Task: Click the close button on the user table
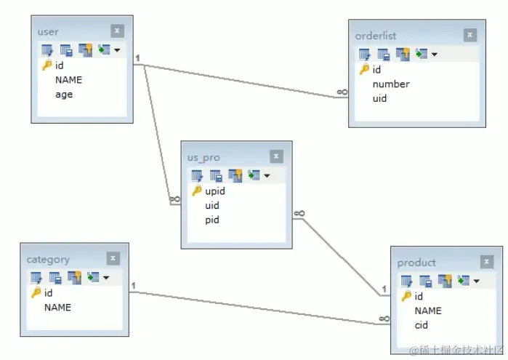pyautogui.click(x=118, y=31)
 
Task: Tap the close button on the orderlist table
pyautogui.click(x=470, y=35)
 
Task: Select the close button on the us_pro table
pyautogui.click(x=276, y=156)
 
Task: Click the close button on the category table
pyautogui.click(x=113, y=258)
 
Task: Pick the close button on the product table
pyautogui.click(x=486, y=262)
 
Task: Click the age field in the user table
pyautogui.click(x=64, y=95)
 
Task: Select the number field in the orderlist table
pyautogui.click(x=391, y=84)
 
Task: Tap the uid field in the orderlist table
pyautogui.click(x=379, y=98)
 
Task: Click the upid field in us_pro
pyautogui.click(x=215, y=191)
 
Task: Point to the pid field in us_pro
pyautogui.click(x=211, y=220)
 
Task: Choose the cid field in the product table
pyautogui.click(x=422, y=325)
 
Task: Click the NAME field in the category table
pyautogui.click(x=57, y=308)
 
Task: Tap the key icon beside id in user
pyautogui.click(x=47, y=65)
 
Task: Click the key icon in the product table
pyautogui.click(x=406, y=297)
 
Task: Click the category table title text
pyautogui.click(x=48, y=260)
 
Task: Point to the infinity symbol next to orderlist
pyautogui.click(x=342, y=92)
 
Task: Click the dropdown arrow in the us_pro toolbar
pyautogui.click(x=267, y=176)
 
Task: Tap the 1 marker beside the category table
pyautogui.click(x=134, y=285)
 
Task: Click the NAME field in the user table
pyautogui.click(x=68, y=80)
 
